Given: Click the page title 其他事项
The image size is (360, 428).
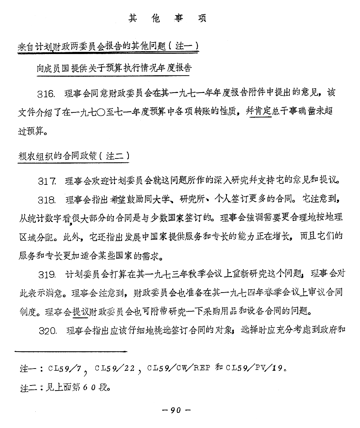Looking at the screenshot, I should coord(168,19).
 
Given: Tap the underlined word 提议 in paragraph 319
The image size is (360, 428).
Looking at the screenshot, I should coord(81,311).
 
